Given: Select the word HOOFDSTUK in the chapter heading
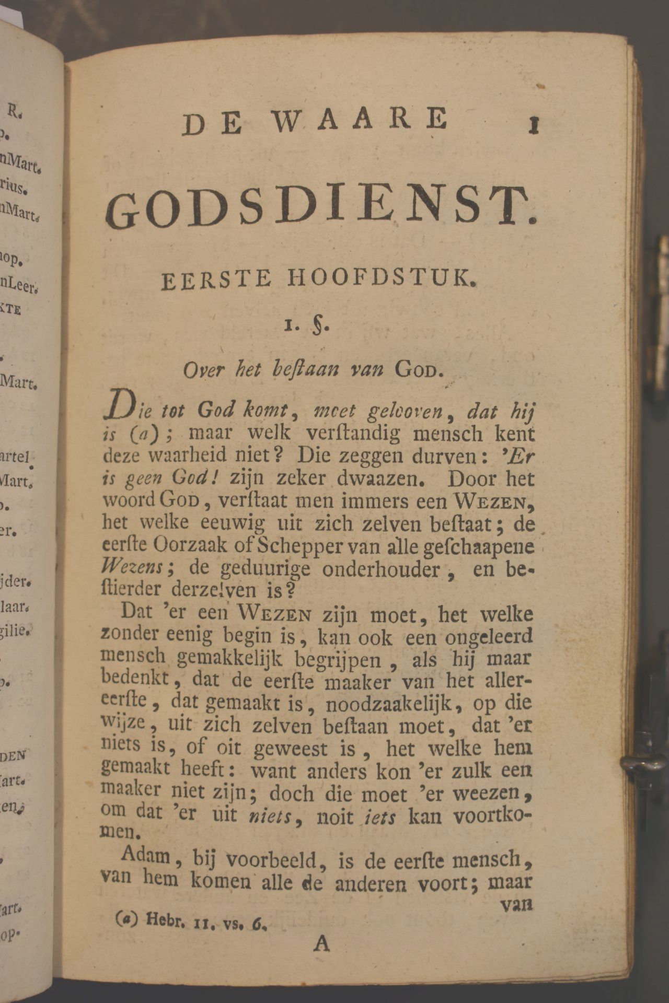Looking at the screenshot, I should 385,279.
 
